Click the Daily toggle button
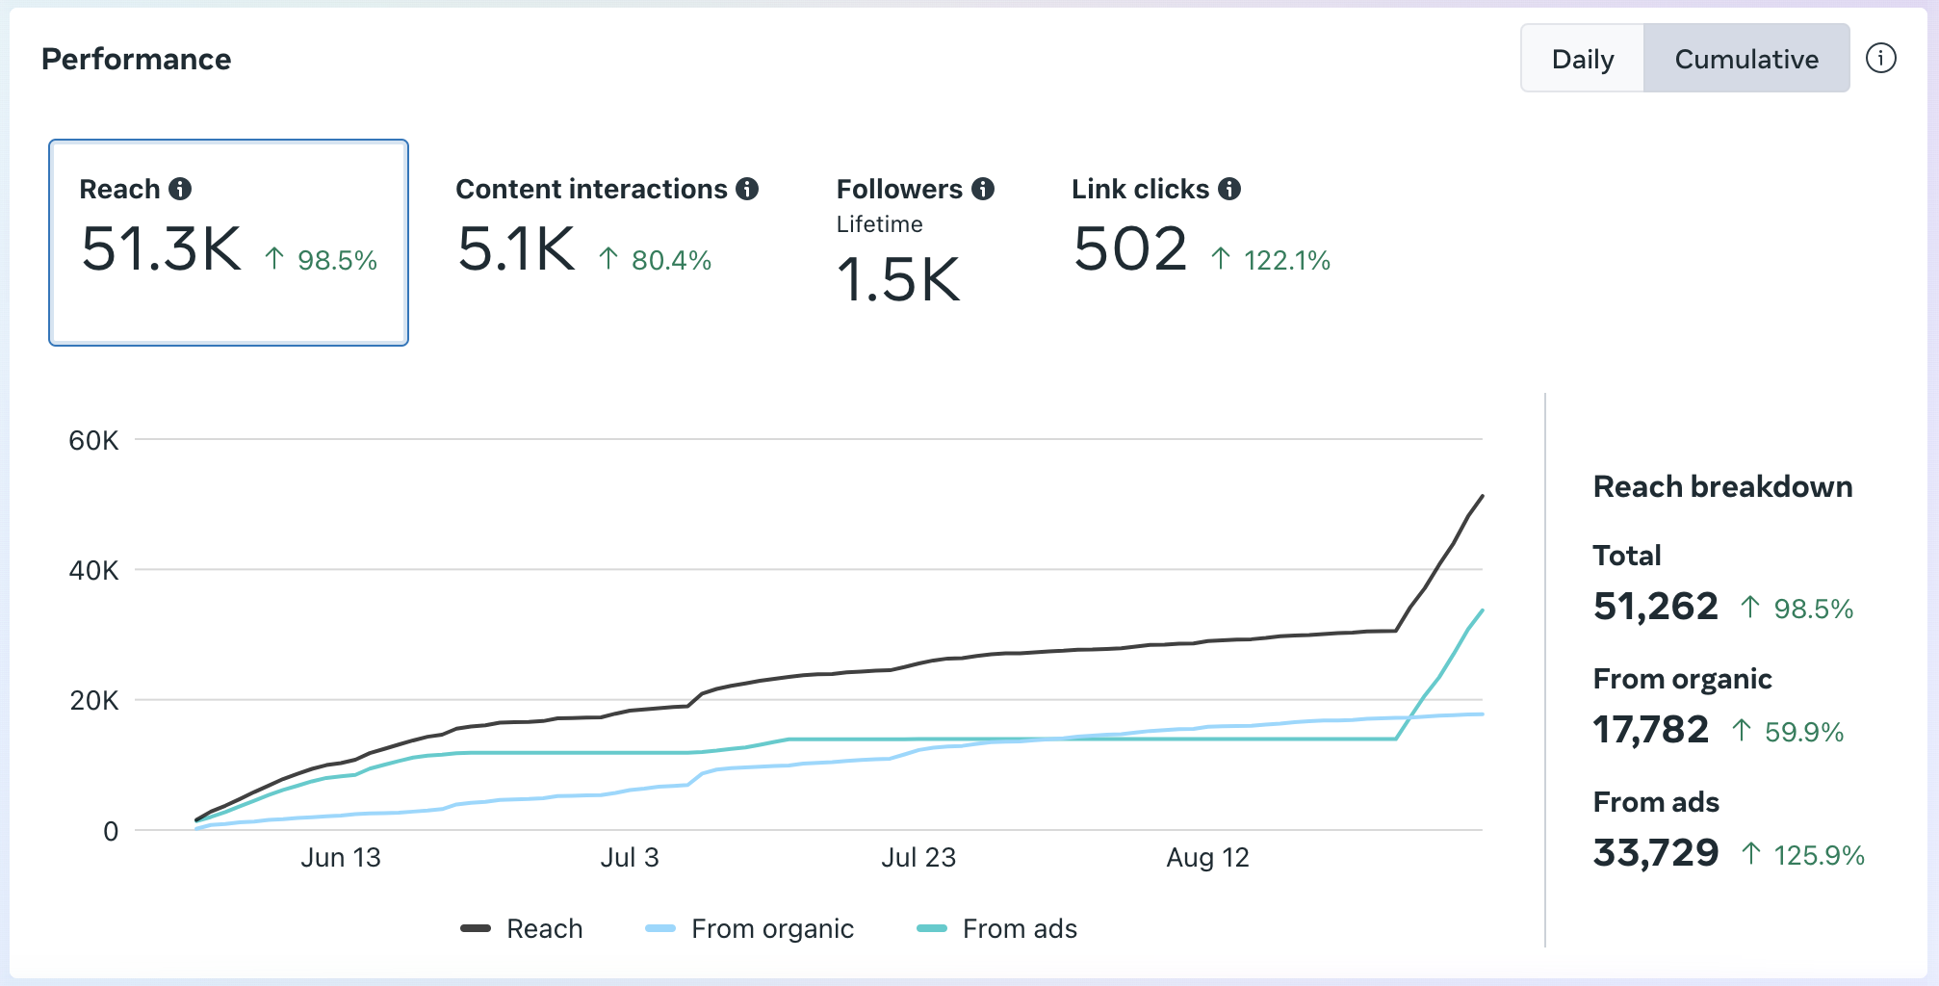(1583, 59)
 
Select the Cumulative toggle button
(1746, 59)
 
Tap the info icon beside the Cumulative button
(1880, 58)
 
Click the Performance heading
(136, 59)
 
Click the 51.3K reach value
(162, 249)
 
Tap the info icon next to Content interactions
(747, 189)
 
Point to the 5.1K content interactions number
(516, 249)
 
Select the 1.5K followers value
(898, 280)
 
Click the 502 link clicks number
(1130, 249)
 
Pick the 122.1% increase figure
(1286, 260)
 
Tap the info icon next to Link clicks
(1229, 189)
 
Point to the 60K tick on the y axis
(93, 441)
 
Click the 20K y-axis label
(93, 701)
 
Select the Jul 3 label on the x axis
(630, 857)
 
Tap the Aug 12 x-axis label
(1207, 857)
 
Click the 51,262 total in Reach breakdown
(1655, 607)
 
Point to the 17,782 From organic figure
(1650, 730)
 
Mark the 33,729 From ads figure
(1655, 853)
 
